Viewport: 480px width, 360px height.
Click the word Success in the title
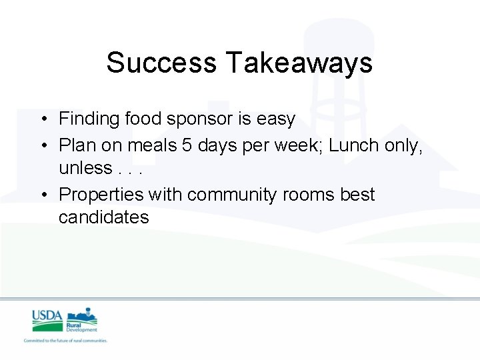click(x=161, y=63)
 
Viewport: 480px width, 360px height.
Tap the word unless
click(x=85, y=168)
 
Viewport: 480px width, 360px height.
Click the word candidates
click(x=104, y=218)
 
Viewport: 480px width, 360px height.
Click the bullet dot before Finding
click(x=42, y=120)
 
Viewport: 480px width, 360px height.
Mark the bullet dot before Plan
click(x=42, y=145)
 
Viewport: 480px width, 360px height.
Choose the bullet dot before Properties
click(x=42, y=195)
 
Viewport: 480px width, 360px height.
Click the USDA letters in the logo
click(x=47, y=316)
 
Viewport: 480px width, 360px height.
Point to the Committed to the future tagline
click(x=65, y=341)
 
